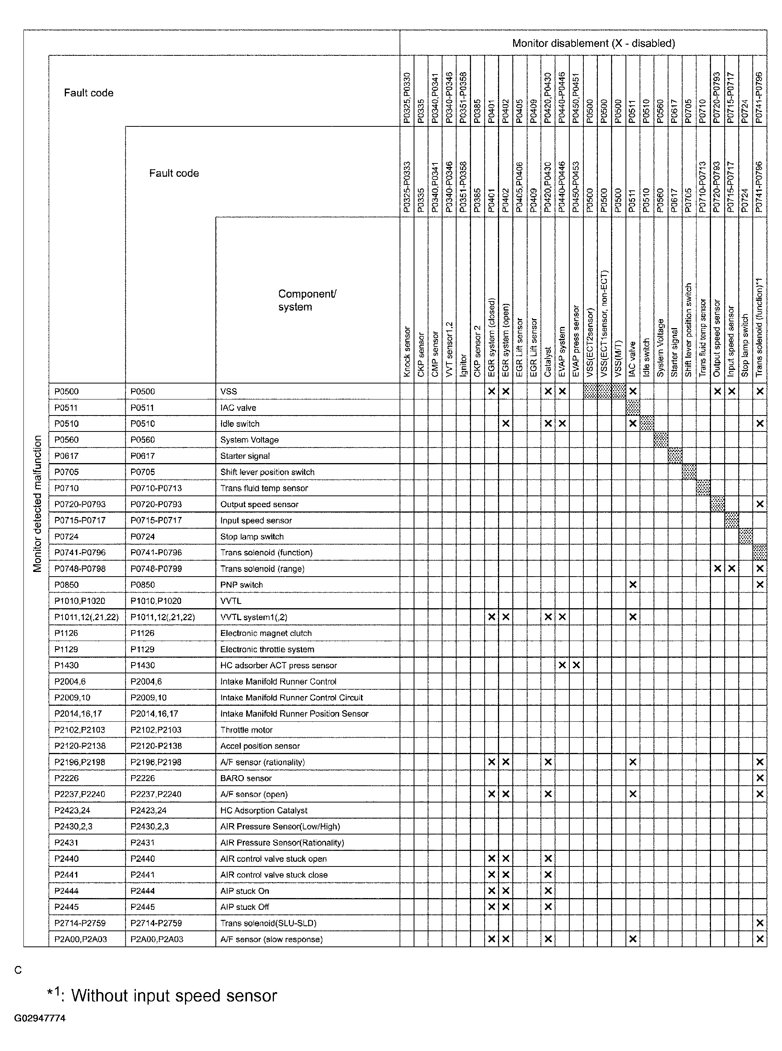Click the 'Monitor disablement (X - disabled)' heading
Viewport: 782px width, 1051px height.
(x=593, y=43)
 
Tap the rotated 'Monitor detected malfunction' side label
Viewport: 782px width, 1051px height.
(x=37, y=504)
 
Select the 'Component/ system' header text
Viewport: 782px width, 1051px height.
(x=307, y=300)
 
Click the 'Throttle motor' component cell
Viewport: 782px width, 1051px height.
(x=246, y=730)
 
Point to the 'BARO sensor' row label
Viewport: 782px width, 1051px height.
(x=246, y=778)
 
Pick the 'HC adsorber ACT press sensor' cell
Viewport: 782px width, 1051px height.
(x=278, y=665)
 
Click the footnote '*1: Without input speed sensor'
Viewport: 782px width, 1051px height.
(x=162, y=996)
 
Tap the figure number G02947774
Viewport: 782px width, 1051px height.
(x=40, y=1018)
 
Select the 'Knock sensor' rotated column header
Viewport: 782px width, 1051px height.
(x=407, y=352)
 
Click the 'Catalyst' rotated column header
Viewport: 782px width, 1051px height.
(x=548, y=362)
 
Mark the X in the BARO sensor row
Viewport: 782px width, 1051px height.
(x=760, y=778)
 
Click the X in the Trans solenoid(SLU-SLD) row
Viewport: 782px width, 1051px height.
(x=760, y=923)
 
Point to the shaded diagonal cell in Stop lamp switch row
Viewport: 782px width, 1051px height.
(x=746, y=536)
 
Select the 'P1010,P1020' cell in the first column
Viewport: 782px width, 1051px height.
(x=80, y=601)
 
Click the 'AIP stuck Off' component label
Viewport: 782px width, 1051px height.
(x=244, y=907)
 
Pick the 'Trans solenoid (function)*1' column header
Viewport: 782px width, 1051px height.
(x=759, y=327)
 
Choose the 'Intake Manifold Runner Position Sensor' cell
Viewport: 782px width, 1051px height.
(x=294, y=714)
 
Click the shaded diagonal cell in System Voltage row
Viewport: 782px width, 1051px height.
(x=661, y=440)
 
